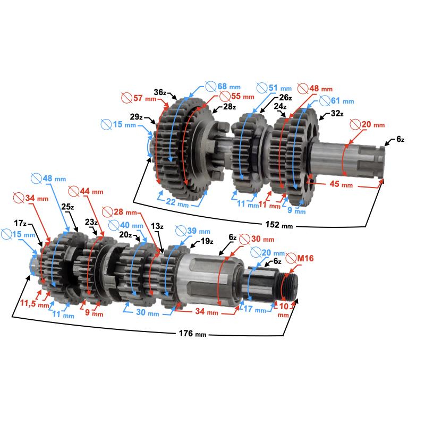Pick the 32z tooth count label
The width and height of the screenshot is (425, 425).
coord(337,114)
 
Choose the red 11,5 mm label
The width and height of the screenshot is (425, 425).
coord(32,304)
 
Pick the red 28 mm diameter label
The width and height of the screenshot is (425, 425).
coord(120,211)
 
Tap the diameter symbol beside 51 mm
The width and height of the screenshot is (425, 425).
coord(261,88)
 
